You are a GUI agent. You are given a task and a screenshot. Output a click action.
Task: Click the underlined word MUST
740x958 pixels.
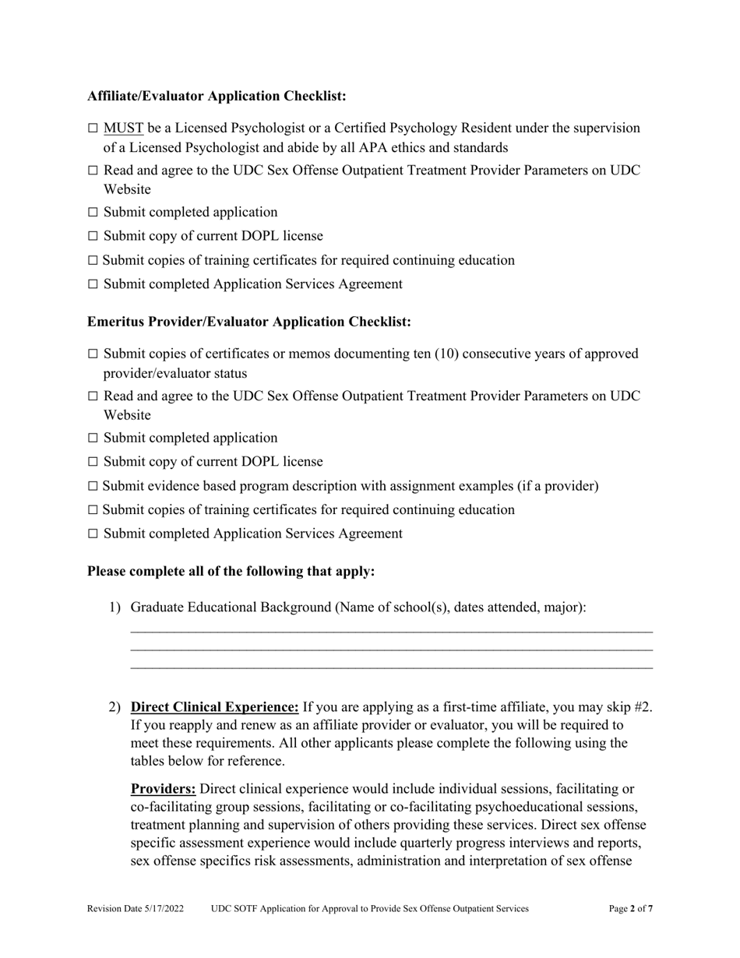pos(123,128)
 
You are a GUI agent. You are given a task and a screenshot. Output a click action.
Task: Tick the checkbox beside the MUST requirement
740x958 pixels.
pos(93,129)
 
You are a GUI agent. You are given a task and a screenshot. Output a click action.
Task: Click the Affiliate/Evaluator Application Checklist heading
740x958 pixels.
pos(217,96)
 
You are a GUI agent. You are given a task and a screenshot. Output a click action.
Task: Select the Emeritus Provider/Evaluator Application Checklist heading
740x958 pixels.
pos(248,322)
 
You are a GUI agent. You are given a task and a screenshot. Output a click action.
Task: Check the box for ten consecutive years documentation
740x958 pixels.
pos(93,354)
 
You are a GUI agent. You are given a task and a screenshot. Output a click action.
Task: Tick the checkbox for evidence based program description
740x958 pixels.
pos(93,487)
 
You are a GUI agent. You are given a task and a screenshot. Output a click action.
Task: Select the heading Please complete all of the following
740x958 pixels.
pos(231,571)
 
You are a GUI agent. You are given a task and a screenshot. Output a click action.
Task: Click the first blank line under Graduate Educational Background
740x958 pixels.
pos(391,632)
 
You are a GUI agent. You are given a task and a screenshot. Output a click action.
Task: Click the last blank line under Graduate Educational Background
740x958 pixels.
pos(391,667)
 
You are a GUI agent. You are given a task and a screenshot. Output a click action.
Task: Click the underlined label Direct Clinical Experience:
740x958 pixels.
pos(214,707)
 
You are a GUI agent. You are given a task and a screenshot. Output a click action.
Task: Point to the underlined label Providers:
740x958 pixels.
pos(163,789)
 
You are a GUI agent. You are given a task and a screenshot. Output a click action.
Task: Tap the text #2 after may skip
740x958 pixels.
pos(643,707)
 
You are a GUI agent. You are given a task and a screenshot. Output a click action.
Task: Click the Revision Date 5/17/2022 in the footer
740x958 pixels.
pos(136,908)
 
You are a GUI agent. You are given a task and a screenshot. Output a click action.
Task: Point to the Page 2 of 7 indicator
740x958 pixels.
pos(630,908)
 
